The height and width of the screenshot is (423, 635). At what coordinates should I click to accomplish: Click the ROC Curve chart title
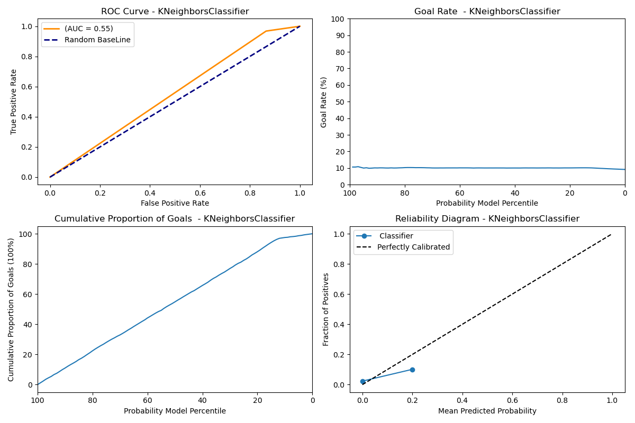pyautogui.click(x=175, y=12)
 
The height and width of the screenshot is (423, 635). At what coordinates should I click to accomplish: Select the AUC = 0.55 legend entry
pyautogui.click(x=88, y=29)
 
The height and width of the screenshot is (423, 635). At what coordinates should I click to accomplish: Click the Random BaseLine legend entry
pyautogui.click(x=97, y=40)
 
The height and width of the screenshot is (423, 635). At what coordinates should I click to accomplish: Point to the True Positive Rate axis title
pyautogui.click(x=14, y=102)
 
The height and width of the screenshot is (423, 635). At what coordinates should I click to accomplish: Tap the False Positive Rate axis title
pyautogui.click(x=175, y=203)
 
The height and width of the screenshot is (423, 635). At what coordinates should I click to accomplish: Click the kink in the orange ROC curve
pyautogui.click(x=266, y=31)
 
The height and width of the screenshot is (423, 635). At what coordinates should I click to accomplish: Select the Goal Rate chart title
pyautogui.click(x=487, y=12)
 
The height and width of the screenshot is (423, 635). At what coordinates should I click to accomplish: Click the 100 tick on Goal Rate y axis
pyautogui.click(x=339, y=19)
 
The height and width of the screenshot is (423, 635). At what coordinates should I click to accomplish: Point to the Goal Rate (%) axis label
pyautogui.click(x=324, y=102)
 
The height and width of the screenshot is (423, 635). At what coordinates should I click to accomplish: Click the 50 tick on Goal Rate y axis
pyautogui.click(x=340, y=102)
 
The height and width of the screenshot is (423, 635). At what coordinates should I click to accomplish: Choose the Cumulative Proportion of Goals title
pyautogui.click(x=175, y=219)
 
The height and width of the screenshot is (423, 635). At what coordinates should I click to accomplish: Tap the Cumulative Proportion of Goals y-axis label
pyautogui.click(x=12, y=309)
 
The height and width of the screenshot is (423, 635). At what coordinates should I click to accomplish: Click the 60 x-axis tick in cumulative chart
pyautogui.click(x=148, y=400)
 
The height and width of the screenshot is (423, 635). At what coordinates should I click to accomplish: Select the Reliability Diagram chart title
pyautogui.click(x=487, y=219)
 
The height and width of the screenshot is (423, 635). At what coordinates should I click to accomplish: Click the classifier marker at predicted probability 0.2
pyautogui.click(x=412, y=370)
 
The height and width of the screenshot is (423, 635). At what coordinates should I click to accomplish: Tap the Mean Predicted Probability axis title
pyautogui.click(x=487, y=411)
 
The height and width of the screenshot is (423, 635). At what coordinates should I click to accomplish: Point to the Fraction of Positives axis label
pyautogui.click(x=326, y=309)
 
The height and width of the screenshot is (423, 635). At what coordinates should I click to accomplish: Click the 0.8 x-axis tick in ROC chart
pyautogui.click(x=250, y=192)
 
